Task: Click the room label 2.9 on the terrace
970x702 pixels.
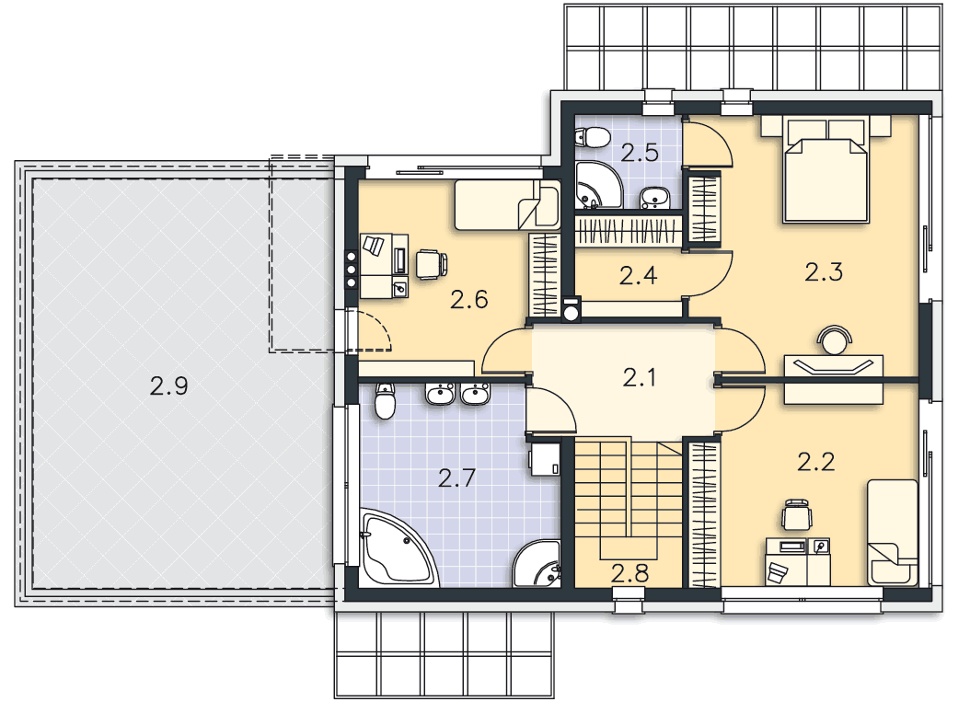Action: click(168, 386)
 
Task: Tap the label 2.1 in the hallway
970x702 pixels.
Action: click(639, 377)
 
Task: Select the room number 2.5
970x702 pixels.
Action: click(640, 153)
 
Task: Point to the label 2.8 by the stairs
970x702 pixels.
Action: click(629, 573)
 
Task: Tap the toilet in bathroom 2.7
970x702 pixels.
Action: click(385, 401)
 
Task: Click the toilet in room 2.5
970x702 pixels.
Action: click(592, 137)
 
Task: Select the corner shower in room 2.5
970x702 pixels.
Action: click(597, 185)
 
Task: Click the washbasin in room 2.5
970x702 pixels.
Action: click(654, 198)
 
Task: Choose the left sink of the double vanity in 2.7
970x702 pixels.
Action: click(441, 394)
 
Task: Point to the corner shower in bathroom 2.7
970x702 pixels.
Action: click(537, 564)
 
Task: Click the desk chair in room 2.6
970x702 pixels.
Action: click(432, 264)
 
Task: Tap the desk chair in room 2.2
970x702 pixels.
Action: click(797, 514)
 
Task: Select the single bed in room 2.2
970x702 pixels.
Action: click(892, 532)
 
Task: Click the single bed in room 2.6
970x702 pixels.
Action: click(507, 205)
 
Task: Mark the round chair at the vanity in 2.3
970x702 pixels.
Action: click(834, 339)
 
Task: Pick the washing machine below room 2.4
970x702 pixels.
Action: click(571, 310)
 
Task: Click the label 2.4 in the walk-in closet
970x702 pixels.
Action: click(638, 275)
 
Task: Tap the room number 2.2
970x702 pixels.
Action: click(816, 461)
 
